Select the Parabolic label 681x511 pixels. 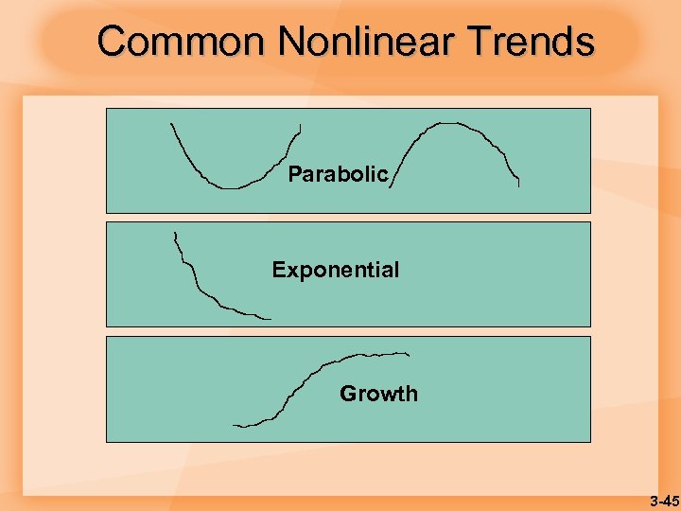[x=338, y=174]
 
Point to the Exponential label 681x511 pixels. [x=336, y=270]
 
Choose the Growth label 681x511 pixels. [x=378, y=393]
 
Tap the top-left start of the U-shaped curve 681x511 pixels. [x=171, y=124]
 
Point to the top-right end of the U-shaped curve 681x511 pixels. [x=300, y=125]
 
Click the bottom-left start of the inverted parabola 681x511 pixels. [x=390, y=188]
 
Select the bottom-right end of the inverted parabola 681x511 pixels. [x=518, y=186]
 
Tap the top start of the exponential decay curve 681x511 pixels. [x=175, y=232]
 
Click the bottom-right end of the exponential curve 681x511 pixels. [x=270, y=319]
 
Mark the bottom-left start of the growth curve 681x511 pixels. [x=235, y=426]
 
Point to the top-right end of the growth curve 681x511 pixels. [x=409, y=354]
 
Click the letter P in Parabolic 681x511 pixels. [x=294, y=174]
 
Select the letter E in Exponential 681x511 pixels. [x=278, y=270]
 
